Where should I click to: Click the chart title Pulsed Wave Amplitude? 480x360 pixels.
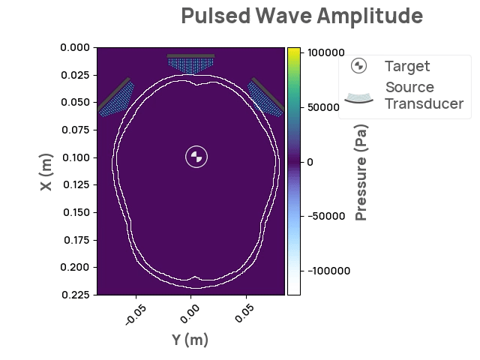302,16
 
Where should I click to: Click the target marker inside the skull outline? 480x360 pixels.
196,157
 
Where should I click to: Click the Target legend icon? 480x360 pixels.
359,66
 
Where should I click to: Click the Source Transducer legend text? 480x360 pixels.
424,95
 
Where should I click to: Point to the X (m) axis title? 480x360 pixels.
46,172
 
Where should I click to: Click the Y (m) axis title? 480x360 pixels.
190,340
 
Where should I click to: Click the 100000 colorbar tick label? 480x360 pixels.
326,52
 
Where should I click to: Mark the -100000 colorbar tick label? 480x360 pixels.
328,271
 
